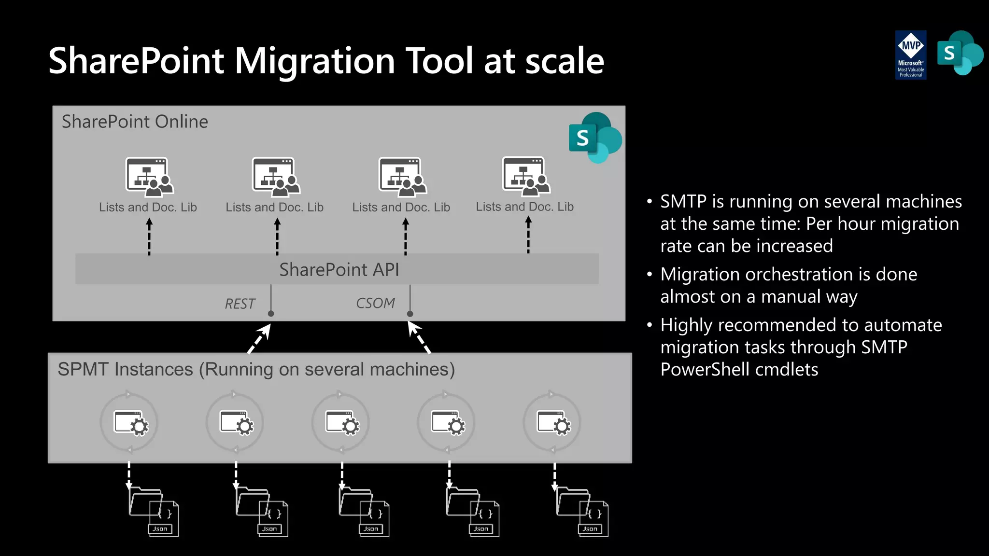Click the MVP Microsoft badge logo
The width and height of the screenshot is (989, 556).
[911, 55]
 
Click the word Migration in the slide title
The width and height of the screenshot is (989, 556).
[315, 61]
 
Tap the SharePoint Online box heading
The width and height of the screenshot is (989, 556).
[135, 122]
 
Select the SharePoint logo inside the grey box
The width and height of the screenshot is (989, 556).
[594, 138]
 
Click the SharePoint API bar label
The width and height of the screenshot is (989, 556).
[339, 270]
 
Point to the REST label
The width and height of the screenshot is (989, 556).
[240, 304]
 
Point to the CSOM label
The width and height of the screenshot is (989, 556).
[375, 303]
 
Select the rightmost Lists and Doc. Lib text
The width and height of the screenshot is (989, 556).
[524, 207]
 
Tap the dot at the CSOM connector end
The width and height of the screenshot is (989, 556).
[410, 314]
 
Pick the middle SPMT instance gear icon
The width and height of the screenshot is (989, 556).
[342, 423]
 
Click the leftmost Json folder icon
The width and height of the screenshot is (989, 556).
[154, 512]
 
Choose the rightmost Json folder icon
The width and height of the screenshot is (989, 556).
[582, 512]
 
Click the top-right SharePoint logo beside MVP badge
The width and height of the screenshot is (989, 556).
[960, 53]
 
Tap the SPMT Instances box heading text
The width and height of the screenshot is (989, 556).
[256, 370]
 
